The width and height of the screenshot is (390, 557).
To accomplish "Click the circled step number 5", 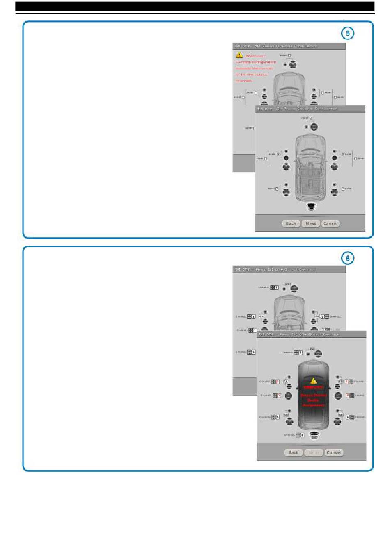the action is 348,33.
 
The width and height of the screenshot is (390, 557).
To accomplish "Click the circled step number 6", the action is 348,258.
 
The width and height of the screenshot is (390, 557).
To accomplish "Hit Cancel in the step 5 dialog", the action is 330,223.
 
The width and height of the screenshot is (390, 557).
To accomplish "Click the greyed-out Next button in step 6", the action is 314,452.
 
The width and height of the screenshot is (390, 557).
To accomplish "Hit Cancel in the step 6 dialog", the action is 334,452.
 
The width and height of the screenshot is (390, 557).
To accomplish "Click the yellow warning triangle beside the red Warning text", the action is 239,55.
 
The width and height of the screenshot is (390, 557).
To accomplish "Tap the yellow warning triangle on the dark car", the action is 313,381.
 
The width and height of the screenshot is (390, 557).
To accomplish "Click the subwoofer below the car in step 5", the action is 311,207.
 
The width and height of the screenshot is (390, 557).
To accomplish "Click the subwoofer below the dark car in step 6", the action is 314,435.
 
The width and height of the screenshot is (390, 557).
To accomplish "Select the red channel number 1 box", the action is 278,382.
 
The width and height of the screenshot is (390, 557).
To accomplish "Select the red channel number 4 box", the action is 346,382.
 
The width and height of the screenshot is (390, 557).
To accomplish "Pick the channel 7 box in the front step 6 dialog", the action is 301,352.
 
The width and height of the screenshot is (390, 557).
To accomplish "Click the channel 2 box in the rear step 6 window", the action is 322,316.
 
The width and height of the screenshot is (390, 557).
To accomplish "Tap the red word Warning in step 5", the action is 255,56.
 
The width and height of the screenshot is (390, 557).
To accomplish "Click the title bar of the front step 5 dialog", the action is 310,109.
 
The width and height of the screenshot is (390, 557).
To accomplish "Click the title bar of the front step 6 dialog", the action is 311,334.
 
